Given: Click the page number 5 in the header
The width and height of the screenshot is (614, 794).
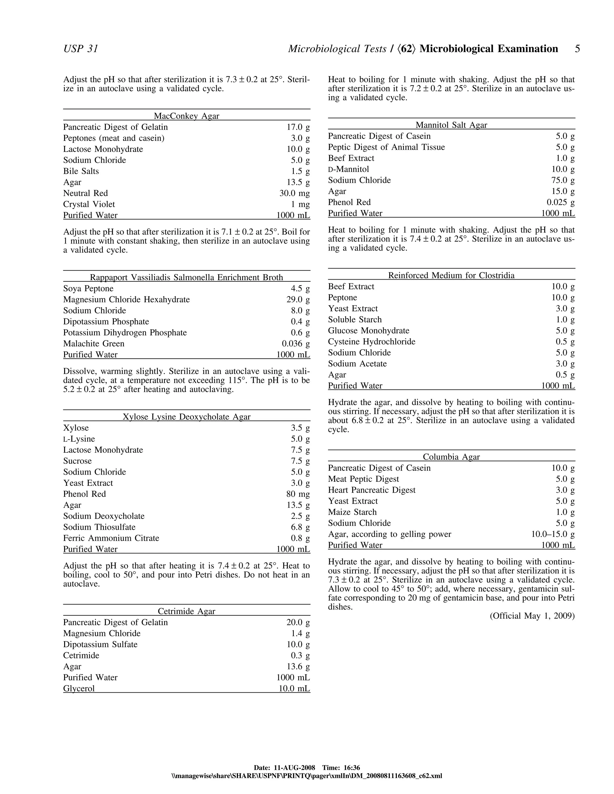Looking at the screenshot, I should pos(577,49).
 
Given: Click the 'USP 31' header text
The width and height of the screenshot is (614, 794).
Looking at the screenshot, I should pos(81,49).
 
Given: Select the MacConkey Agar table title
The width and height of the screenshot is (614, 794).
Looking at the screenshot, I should pos(186,116).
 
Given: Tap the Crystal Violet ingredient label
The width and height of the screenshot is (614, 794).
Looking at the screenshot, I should pos(89,204).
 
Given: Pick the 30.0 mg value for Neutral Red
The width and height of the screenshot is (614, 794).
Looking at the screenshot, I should pos(294,194).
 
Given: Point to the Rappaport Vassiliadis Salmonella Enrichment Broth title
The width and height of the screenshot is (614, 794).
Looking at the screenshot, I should pos(186,277).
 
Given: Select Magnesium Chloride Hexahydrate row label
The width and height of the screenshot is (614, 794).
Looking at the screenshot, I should pos(127,300).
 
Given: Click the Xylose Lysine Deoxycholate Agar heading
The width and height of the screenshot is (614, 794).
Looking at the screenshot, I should pos(186,417).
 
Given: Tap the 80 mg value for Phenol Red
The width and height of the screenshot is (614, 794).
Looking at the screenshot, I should pos(298,494).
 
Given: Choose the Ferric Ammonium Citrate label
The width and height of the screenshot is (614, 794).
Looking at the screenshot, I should pos(111,538).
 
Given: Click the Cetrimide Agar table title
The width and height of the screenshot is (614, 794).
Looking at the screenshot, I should pos(186,611).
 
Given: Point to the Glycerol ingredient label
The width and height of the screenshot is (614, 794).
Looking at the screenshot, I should pos(79,689).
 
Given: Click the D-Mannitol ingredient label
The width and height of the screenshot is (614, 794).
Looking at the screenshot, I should pos(348,169).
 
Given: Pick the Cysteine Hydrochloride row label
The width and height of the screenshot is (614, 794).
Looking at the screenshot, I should pos(371,342).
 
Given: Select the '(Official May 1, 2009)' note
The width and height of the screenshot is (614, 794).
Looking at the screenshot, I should pos(532,616).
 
